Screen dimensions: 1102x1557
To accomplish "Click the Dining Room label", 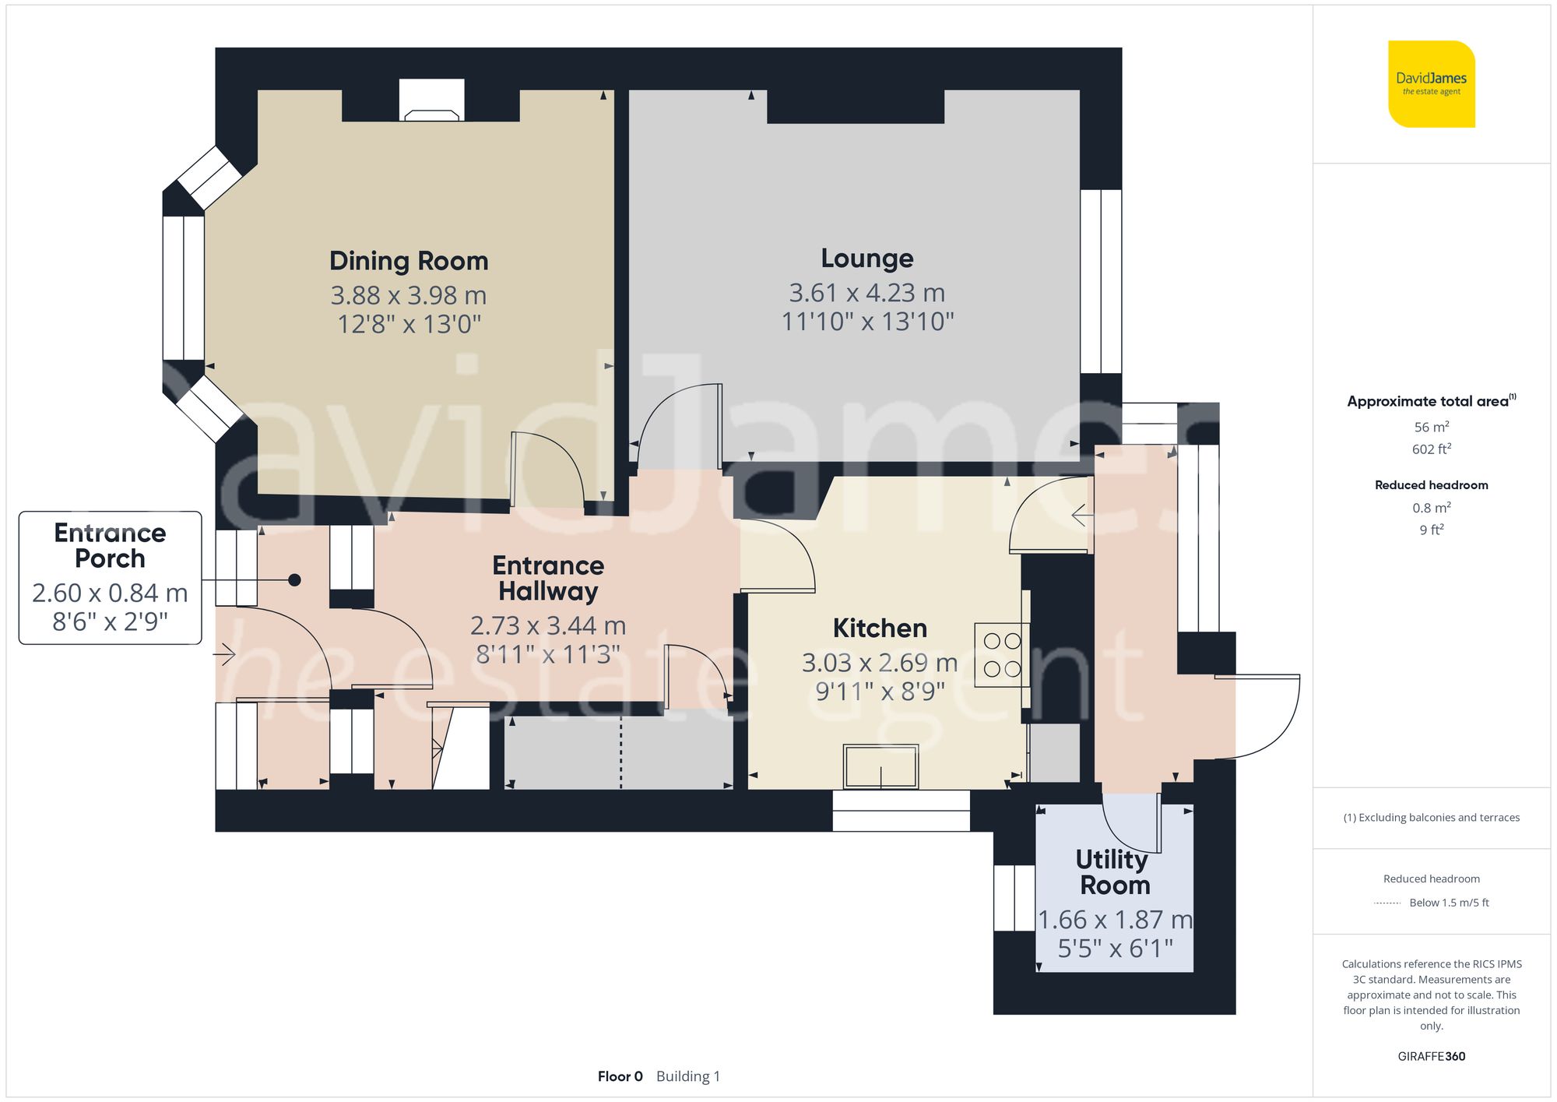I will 409,261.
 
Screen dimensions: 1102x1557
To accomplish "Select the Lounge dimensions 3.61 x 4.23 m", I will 866,293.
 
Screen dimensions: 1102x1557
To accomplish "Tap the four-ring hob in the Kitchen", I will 1002,655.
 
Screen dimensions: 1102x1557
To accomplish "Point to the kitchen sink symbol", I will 881,766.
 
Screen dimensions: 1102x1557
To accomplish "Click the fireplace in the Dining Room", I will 431,102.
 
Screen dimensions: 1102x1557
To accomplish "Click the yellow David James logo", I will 1431,84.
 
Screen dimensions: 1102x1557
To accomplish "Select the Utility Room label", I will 1114,872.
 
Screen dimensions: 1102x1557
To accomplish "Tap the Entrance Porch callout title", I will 110,545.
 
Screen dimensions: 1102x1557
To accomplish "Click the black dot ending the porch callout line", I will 294,580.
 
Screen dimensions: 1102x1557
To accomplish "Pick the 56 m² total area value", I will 1431,427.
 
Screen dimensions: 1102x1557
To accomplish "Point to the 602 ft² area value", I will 1431,449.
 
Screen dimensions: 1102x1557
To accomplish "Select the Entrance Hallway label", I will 548,578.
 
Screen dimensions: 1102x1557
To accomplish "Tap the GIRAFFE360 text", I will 1431,1057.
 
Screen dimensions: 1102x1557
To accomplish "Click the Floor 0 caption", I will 620,1076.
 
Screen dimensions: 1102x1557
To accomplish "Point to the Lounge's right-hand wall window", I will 1101,281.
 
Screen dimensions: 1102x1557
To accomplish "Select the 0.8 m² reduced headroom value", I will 1431,508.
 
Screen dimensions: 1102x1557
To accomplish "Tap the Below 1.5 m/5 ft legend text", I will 1448,903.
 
